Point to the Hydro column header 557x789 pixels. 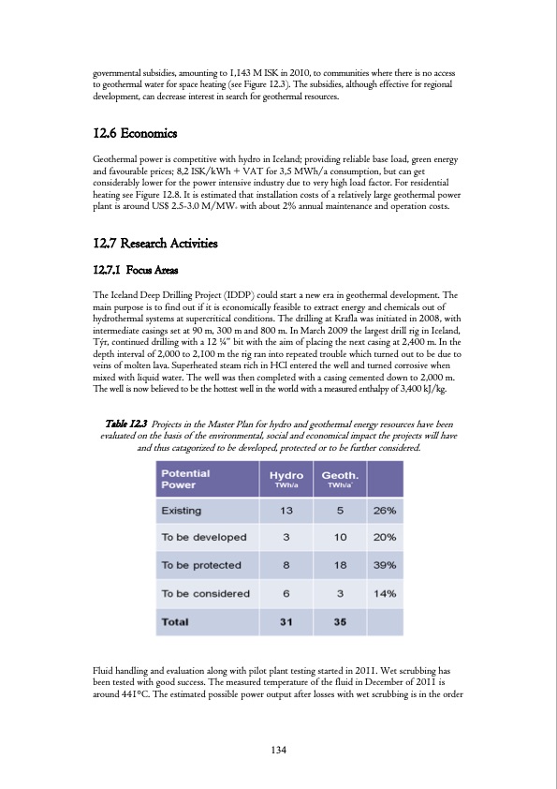(x=285, y=480)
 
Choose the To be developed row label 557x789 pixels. (x=204, y=538)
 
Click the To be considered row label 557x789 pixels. (x=206, y=593)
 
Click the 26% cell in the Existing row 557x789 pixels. (x=386, y=511)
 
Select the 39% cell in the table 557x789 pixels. (x=386, y=566)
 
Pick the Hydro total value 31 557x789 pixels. (x=285, y=621)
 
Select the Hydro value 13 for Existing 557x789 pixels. (x=285, y=511)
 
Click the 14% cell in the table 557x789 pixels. (x=386, y=593)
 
